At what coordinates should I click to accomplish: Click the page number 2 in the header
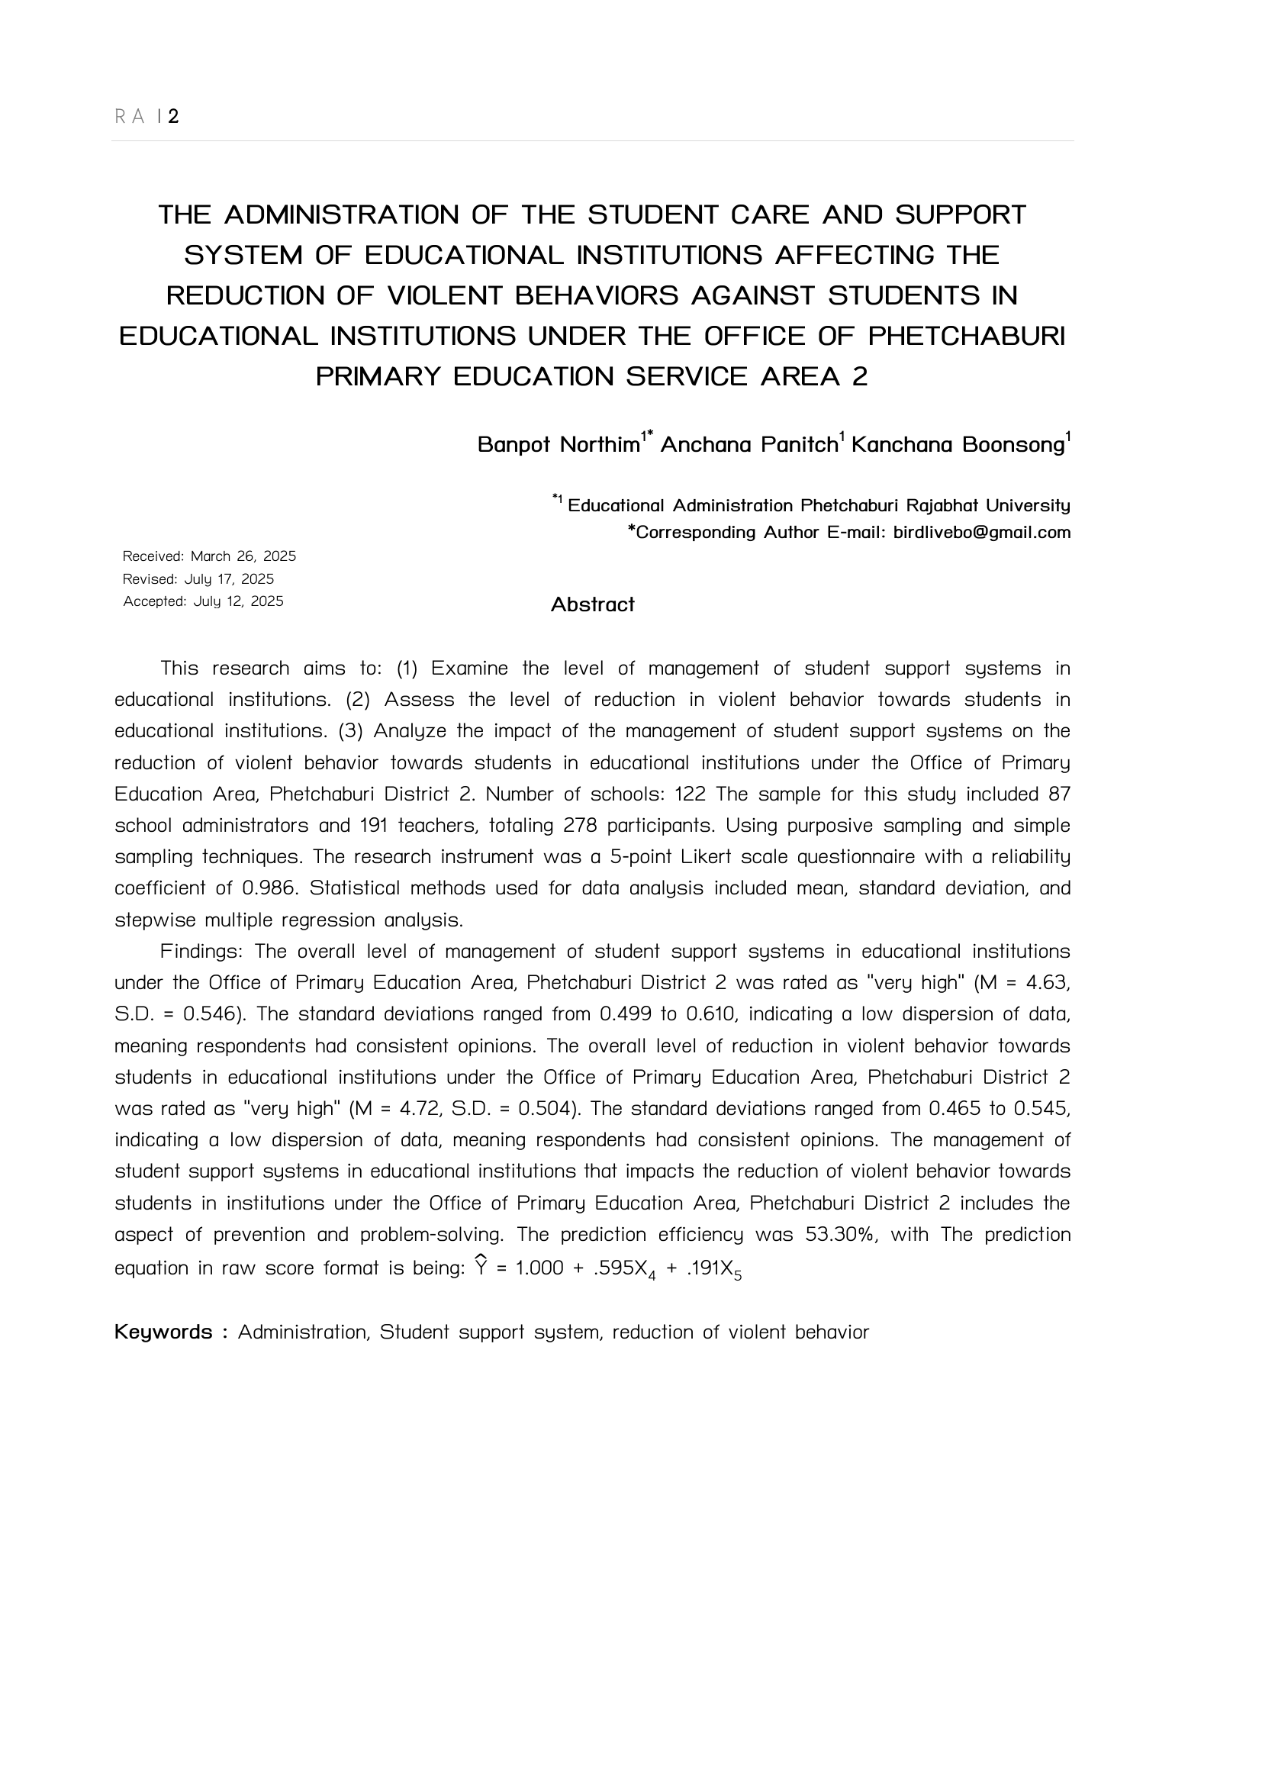point(173,117)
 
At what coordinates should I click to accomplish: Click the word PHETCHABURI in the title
point(966,336)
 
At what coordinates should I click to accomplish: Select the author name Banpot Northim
point(558,445)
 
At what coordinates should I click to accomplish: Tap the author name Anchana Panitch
point(749,445)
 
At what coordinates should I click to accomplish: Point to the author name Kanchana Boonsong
point(958,445)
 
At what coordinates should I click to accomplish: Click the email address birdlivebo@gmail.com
point(982,533)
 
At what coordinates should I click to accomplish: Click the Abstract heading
point(592,604)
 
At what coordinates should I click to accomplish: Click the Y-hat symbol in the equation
point(480,1267)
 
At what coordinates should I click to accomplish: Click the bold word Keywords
point(163,1332)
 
